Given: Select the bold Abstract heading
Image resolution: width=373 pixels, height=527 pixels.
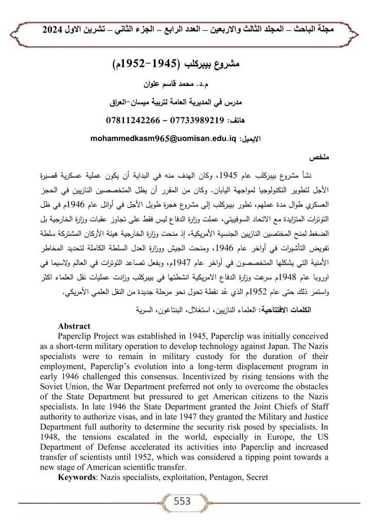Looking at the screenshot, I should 74,326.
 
